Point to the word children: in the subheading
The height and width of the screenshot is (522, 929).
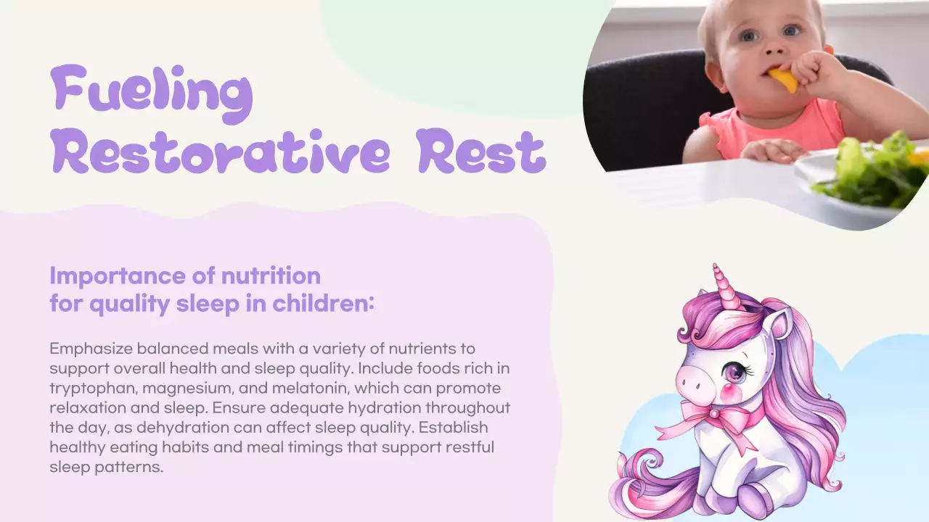324,304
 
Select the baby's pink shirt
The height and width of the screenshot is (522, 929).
777,127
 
